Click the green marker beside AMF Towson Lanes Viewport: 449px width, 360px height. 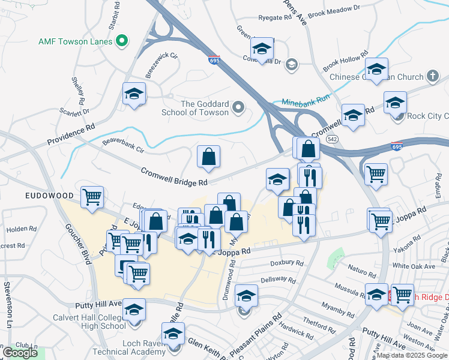click(122, 41)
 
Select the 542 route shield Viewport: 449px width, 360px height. click(331, 139)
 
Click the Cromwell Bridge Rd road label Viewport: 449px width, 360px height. click(174, 176)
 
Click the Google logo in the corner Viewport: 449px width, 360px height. click(20, 353)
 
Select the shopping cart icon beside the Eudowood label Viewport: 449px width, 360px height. click(92, 196)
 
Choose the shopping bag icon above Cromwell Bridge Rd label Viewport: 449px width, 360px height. click(209, 157)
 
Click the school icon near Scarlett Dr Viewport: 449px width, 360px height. click(134, 94)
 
